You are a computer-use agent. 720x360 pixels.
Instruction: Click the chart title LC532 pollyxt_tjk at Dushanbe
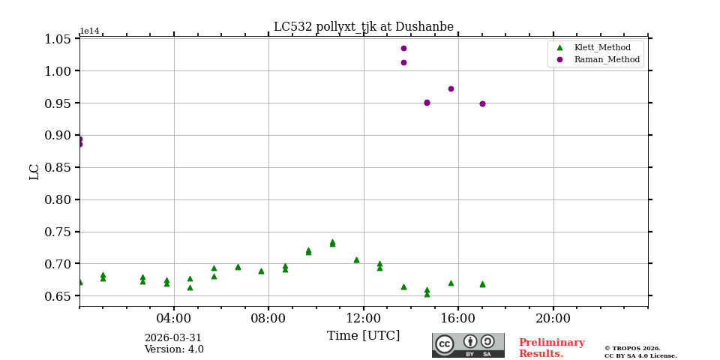coord(363,27)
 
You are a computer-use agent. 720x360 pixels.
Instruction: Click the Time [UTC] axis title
coord(363,336)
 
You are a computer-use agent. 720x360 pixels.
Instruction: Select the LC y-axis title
coord(34,172)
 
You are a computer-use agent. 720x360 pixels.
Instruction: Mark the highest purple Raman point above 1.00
coord(403,49)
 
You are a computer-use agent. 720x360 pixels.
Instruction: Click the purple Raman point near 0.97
coord(451,88)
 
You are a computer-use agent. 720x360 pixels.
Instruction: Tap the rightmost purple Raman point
coord(482,103)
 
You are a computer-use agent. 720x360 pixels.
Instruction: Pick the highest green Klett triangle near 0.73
coord(332,242)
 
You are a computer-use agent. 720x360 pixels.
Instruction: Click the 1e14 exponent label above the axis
coord(89,31)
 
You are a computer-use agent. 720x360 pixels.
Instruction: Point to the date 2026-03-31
coord(173,338)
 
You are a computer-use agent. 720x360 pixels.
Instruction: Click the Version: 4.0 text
coord(174,349)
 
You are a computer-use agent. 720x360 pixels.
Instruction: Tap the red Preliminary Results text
coord(551,348)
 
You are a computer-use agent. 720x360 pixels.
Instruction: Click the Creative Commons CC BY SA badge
coord(468,345)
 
